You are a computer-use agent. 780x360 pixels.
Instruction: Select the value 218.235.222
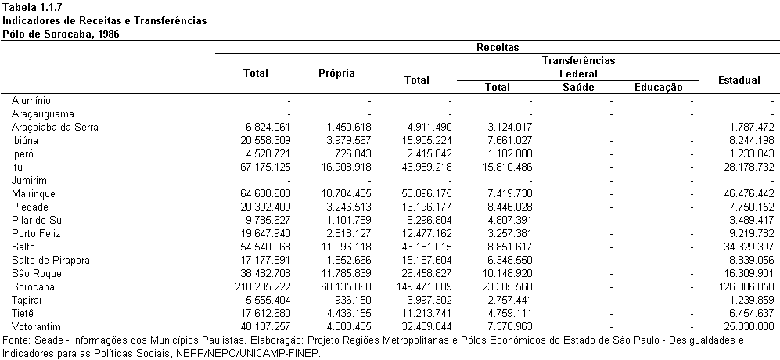click(262, 286)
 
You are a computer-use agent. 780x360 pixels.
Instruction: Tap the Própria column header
click(336, 74)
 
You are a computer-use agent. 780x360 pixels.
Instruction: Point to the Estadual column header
click(739, 80)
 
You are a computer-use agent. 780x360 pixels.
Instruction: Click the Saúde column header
click(578, 87)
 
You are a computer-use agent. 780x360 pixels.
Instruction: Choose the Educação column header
click(659, 88)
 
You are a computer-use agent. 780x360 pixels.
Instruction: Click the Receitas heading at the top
click(498, 47)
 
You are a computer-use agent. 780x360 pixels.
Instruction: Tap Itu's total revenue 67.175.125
click(265, 167)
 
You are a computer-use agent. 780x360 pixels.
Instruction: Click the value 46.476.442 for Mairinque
click(748, 193)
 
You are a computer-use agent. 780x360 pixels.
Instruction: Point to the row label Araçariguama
click(43, 114)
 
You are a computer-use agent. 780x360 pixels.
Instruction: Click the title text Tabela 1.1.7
click(32, 7)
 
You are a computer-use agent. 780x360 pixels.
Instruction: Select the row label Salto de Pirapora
click(50, 261)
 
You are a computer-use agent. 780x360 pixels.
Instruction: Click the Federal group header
click(578, 74)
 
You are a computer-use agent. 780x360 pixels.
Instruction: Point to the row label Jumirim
click(29, 180)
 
